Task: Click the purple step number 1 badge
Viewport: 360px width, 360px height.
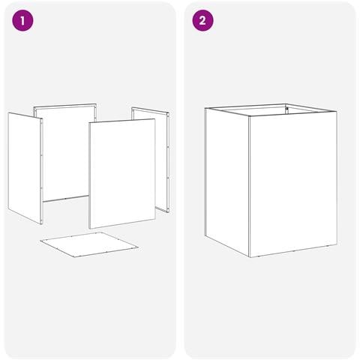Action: pyautogui.click(x=22, y=20)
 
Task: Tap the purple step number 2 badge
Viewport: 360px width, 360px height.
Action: pyautogui.click(x=202, y=20)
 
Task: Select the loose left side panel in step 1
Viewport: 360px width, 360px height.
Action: pyautogui.click(x=25, y=168)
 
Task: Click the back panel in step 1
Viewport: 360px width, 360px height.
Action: pyautogui.click(x=65, y=152)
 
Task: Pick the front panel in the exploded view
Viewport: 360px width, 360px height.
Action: pyautogui.click(x=122, y=173)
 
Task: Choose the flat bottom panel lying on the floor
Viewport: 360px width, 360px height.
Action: pyautogui.click(x=89, y=244)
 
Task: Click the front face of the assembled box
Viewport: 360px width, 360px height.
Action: pyautogui.click(x=293, y=184)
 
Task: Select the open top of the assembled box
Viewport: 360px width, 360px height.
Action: pyautogui.click(x=271, y=109)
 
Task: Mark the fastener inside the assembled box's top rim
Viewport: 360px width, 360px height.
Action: pyautogui.click(x=287, y=108)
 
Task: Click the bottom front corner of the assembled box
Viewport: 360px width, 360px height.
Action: pyautogui.click(x=250, y=257)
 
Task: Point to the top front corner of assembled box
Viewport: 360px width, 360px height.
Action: pyautogui.click(x=250, y=116)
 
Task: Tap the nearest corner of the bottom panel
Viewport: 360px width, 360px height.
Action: pyautogui.click(x=75, y=258)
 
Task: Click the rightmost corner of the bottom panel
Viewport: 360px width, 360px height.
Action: pyautogui.click(x=138, y=247)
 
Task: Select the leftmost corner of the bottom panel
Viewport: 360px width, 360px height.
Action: pyautogui.click(x=40, y=241)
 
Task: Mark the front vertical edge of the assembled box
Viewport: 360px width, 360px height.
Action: pyautogui.click(x=250, y=187)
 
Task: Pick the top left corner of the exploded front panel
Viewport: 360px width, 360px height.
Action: pyautogui.click(x=89, y=123)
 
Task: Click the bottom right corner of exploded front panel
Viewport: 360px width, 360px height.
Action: pyautogui.click(x=155, y=219)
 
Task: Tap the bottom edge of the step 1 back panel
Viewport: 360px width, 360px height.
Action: pyautogui.click(x=66, y=199)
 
